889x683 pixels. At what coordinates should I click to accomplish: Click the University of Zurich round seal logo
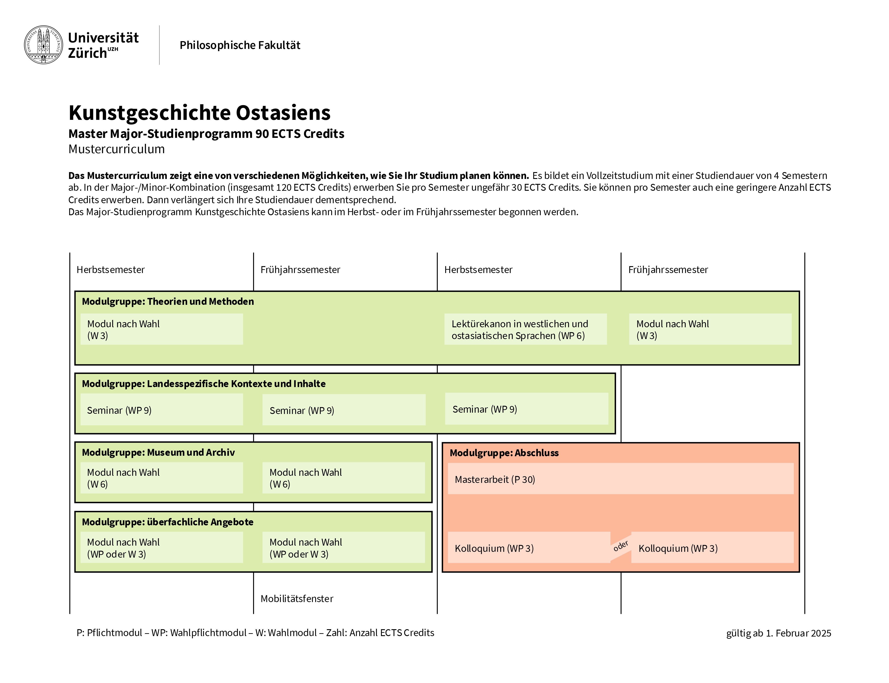(44, 45)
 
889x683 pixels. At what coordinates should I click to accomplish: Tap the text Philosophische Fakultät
(240, 45)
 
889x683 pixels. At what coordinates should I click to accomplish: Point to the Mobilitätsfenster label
(297, 599)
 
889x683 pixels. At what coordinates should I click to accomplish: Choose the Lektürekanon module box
(525, 329)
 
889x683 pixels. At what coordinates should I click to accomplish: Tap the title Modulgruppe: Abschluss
(504, 453)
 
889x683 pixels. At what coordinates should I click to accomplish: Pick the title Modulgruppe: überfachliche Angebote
(167, 522)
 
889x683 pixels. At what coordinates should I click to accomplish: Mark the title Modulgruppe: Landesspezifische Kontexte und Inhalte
(204, 384)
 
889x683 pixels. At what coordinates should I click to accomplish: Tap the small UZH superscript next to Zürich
(113, 49)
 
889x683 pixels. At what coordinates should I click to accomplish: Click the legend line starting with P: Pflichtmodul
(255, 633)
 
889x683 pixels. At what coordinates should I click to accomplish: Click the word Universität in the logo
(103, 38)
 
